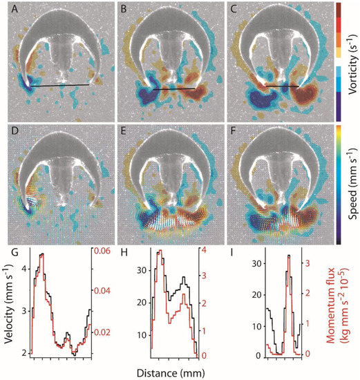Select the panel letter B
124,9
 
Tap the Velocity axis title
7,304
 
